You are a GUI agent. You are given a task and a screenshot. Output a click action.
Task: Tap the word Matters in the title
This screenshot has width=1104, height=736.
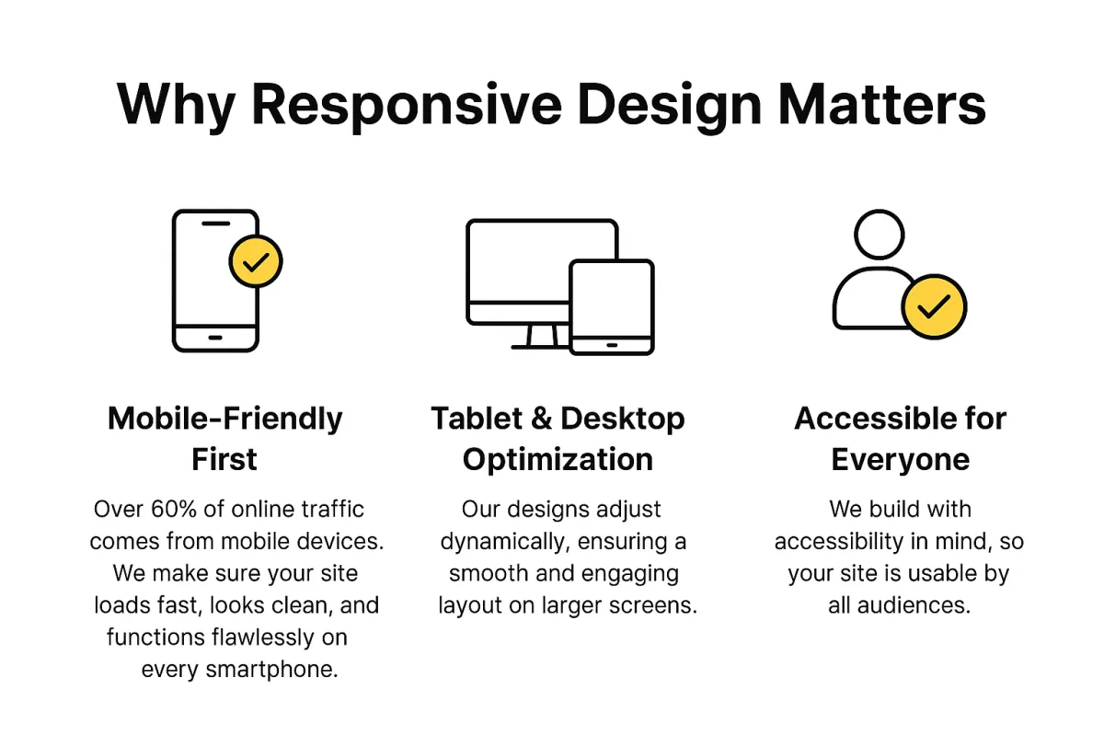882,105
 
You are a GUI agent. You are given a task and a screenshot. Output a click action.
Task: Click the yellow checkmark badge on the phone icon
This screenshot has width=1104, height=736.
256,261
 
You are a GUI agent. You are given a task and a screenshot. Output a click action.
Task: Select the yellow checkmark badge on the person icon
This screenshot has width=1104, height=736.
934,306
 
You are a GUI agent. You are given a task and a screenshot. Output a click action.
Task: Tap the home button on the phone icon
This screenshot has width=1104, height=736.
215,338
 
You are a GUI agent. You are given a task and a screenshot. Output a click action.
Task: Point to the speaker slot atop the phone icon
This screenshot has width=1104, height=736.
216,224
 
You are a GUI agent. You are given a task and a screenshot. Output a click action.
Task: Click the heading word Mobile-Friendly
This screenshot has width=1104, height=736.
224,420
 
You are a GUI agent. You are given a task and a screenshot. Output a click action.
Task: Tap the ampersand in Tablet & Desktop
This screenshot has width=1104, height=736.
542,419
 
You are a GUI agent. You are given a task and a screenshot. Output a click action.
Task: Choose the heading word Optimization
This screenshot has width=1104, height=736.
558,460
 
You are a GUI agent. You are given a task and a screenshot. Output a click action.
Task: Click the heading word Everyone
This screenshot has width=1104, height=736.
901,460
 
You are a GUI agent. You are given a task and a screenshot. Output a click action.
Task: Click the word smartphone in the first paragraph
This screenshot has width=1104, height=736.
271,670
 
